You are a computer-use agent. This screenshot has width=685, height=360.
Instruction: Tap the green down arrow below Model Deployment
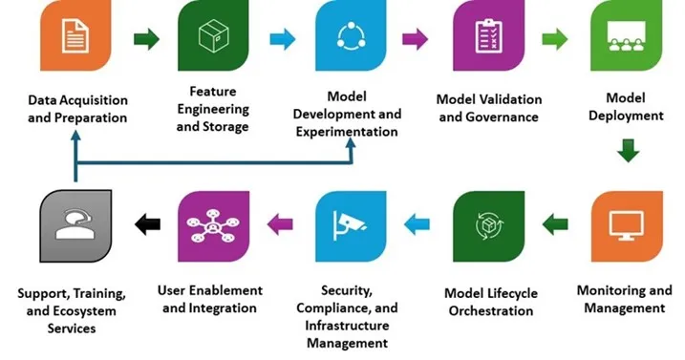pyautogui.click(x=627, y=151)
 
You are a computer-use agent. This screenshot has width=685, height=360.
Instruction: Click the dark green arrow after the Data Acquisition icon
pyautogui.click(x=146, y=39)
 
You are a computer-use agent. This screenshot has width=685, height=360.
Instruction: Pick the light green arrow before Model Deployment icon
pyautogui.click(x=555, y=39)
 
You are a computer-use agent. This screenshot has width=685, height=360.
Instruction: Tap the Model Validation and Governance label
pyautogui.click(x=488, y=108)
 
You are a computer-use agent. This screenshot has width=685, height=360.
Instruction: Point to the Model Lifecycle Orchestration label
pyautogui.click(x=489, y=302)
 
